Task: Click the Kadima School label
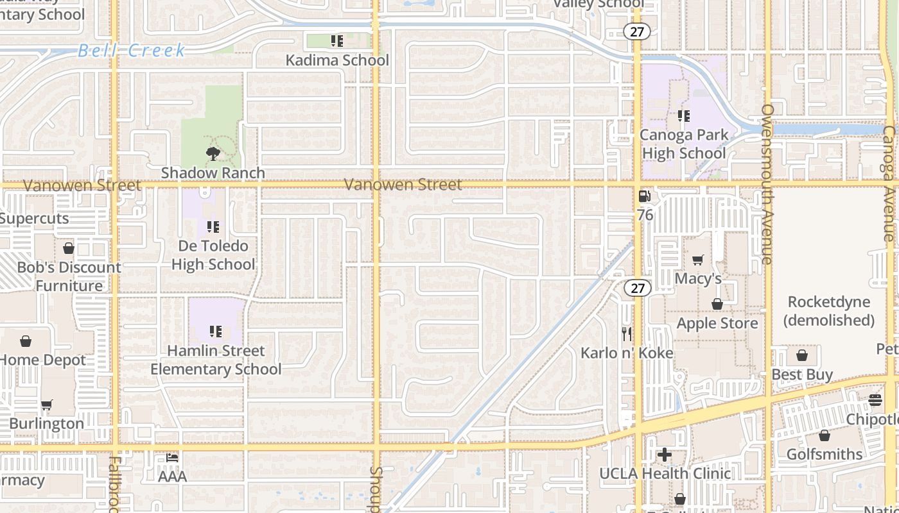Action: coord(337,60)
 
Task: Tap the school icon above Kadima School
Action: coord(337,42)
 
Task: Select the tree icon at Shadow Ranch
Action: coord(213,153)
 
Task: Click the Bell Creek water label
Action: coord(132,51)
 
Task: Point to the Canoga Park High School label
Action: coord(684,144)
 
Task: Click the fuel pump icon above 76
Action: coord(645,196)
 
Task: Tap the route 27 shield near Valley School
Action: coord(637,31)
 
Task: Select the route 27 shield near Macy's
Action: coord(637,288)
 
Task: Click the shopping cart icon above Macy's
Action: coord(698,260)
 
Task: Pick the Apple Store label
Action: coord(717,323)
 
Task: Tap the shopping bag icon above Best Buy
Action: coord(802,355)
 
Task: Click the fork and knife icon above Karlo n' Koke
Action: coord(627,333)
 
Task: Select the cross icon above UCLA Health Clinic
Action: coord(665,455)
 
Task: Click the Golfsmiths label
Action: coord(825,454)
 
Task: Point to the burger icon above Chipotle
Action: coord(875,400)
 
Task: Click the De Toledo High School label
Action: coord(213,255)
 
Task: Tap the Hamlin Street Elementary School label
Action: coord(216,360)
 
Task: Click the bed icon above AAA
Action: coord(172,458)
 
